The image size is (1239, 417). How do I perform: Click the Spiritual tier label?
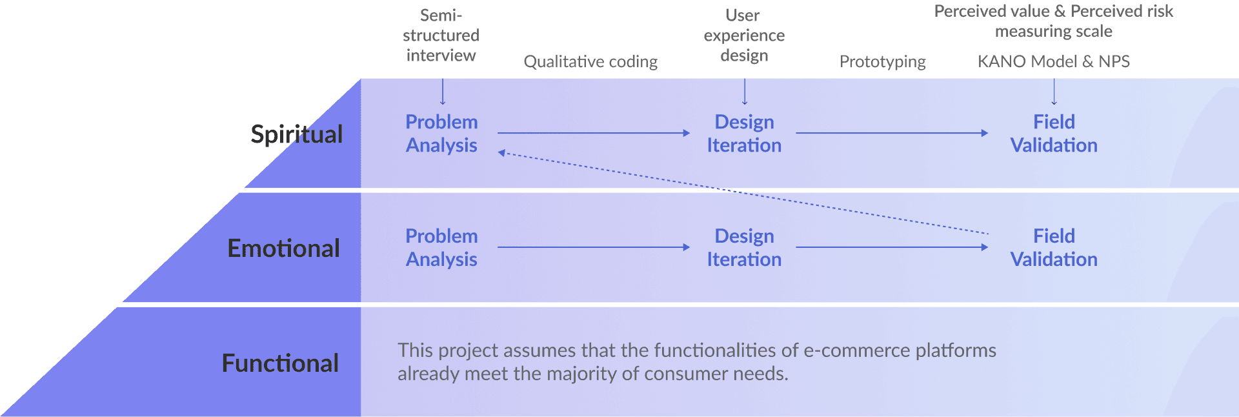click(x=296, y=134)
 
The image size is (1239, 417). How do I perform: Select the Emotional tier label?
click(x=283, y=249)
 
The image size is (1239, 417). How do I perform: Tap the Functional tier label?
click(x=280, y=363)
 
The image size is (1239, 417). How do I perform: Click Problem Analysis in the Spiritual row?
click(x=441, y=134)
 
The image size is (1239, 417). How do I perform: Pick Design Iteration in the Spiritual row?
click(x=744, y=134)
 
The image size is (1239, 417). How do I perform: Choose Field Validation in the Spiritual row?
click(x=1054, y=134)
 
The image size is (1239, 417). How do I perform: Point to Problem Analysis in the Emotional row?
click(x=441, y=248)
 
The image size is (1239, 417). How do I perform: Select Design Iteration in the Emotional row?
click(x=744, y=248)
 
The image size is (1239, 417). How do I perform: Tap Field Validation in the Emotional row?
click(x=1054, y=248)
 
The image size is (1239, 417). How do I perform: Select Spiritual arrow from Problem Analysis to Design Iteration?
click(x=594, y=133)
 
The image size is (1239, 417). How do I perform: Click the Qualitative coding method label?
click(x=590, y=61)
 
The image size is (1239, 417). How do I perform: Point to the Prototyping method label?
click(x=883, y=61)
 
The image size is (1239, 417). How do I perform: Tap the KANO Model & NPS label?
click(x=1054, y=61)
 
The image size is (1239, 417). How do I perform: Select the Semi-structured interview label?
click(x=441, y=35)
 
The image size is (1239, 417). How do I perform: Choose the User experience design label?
click(x=744, y=35)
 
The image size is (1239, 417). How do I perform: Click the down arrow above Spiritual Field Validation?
click(x=1054, y=91)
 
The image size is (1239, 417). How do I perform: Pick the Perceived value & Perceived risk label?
click(x=1054, y=21)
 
